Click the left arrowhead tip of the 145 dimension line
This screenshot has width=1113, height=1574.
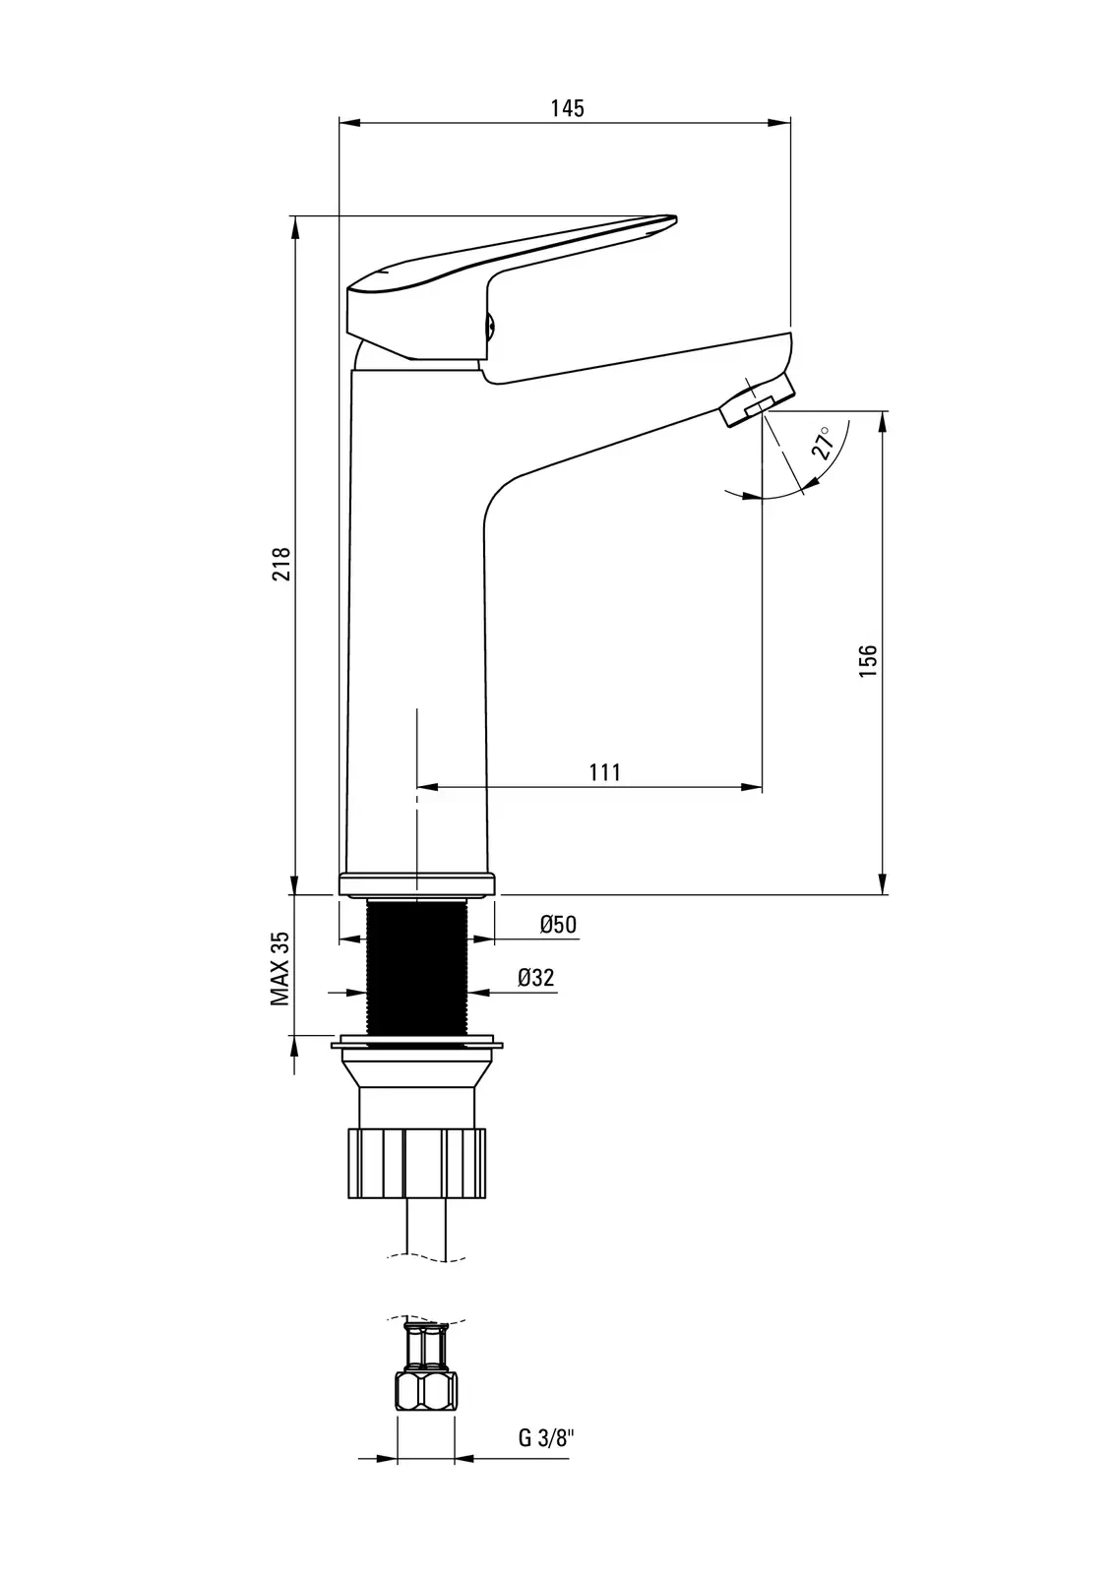point(340,123)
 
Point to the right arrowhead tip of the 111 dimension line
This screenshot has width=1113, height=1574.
point(762,787)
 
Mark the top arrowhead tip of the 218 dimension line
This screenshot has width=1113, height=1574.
point(294,215)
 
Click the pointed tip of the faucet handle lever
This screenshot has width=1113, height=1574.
point(676,218)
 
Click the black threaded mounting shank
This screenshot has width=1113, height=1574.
point(417,968)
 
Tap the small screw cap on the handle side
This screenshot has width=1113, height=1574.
point(491,326)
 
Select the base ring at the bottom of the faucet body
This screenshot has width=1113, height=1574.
point(417,884)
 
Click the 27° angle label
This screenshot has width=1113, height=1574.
point(824,443)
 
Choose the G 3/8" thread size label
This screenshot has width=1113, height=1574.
point(546,1438)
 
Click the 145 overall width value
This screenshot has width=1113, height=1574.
point(568,108)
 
